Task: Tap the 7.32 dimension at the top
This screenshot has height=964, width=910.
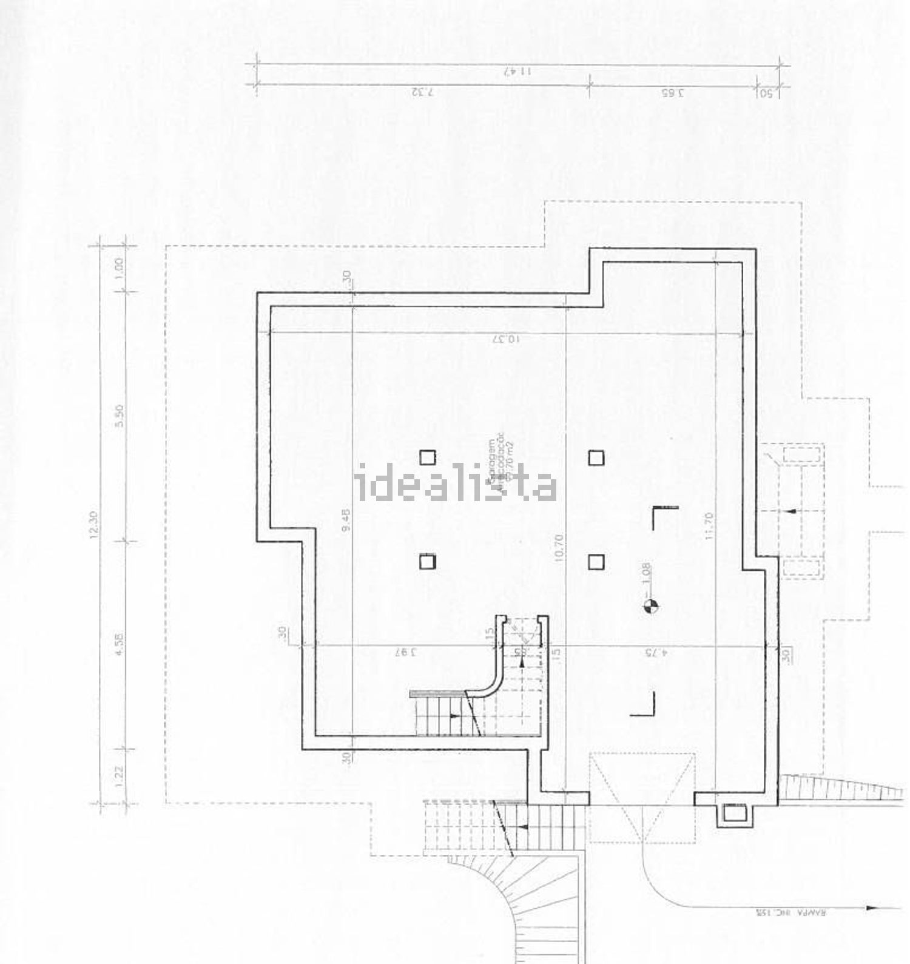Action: click(423, 93)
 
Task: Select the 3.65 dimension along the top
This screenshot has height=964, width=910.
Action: click(672, 93)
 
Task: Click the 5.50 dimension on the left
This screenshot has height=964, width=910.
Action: click(120, 416)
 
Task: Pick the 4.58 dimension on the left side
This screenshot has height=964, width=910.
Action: click(120, 643)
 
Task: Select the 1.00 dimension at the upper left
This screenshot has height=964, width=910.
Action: click(120, 266)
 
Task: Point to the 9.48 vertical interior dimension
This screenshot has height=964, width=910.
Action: click(346, 520)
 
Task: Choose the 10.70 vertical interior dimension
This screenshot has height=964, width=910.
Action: click(559, 547)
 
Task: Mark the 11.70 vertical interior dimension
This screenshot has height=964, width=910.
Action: click(710, 526)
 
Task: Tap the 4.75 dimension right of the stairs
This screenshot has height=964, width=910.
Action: click(656, 653)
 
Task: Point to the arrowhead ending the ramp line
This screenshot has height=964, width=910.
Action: click(872, 908)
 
